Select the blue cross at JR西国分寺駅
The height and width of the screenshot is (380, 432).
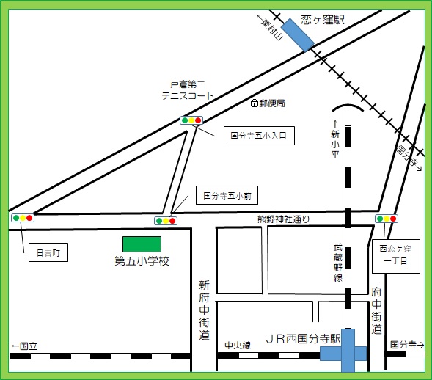(343, 354)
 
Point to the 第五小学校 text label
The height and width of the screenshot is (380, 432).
(142, 260)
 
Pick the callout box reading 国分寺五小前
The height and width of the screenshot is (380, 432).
(227, 195)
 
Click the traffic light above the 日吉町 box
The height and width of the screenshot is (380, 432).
(23, 218)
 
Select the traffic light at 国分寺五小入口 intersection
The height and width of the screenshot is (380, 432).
(191, 120)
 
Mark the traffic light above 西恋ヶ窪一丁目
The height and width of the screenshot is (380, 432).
(386, 219)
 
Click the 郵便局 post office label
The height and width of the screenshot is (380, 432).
(267, 103)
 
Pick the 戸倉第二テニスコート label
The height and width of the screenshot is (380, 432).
(188, 90)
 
